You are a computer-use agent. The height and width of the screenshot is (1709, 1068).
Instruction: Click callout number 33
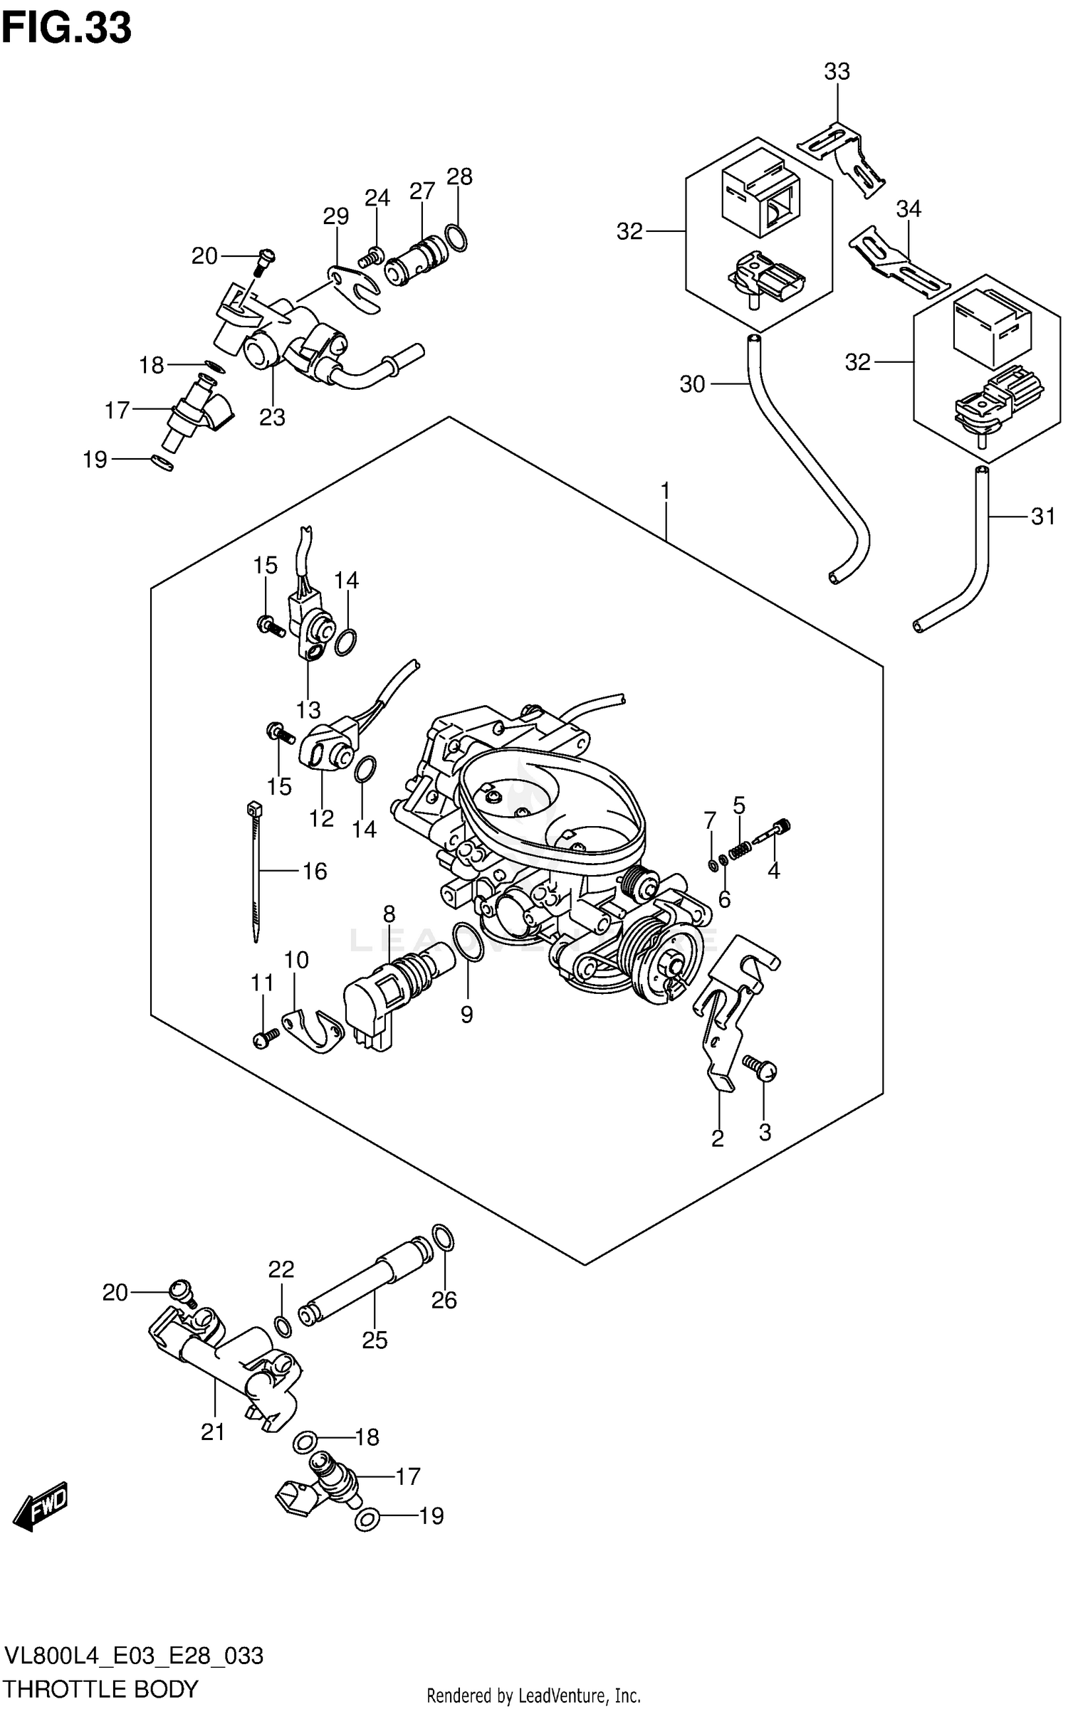pos(837,72)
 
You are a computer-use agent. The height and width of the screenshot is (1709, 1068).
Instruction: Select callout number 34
pos(909,209)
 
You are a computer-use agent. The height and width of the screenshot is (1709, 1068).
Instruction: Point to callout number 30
pos(692,384)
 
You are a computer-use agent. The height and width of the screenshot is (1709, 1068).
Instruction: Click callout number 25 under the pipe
pos(375,1340)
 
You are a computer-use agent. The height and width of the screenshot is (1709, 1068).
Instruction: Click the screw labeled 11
pos(266,1040)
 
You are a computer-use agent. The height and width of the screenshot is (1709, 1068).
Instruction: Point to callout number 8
pos(389,914)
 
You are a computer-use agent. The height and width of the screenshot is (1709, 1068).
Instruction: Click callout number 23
pos(272,417)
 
